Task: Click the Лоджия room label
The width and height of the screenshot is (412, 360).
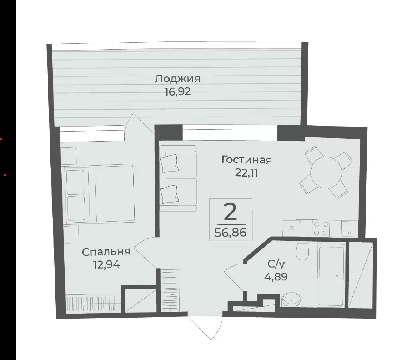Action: tap(177, 79)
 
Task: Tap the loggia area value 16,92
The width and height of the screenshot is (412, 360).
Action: tap(177, 92)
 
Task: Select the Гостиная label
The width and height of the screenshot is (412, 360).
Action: tap(246, 160)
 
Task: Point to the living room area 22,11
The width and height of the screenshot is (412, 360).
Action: tap(246, 173)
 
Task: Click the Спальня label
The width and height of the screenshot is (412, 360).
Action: tap(106, 252)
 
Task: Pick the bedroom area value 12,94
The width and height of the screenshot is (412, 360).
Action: tap(106, 264)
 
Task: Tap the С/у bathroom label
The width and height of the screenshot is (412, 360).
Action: tap(276, 264)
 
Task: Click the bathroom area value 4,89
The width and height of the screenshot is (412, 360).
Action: tap(276, 277)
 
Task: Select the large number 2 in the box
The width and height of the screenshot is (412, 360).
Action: tap(231, 213)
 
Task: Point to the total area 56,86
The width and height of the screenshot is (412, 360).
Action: tap(231, 233)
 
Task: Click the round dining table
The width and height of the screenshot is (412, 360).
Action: tap(327, 173)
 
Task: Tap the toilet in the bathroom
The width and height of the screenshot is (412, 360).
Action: tap(302, 251)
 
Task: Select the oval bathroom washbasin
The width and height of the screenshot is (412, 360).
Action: tap(291, 300)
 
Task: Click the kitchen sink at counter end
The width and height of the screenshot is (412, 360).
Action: tap(349, 229)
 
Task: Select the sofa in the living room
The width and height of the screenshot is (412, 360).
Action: tap(178, 178)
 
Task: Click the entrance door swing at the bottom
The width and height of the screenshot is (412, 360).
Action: tap(205, 326)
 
